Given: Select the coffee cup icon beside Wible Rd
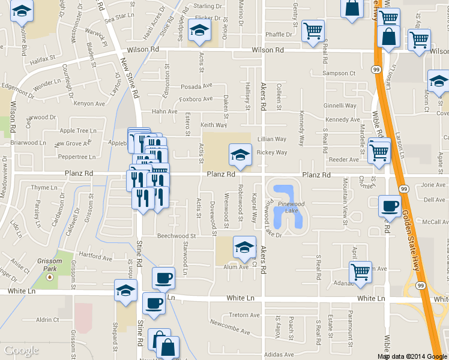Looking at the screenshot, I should tap(390, 207).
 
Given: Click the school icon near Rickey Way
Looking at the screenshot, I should tap(240, 155).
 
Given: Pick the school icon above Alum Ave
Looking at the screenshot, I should tap(244, 247).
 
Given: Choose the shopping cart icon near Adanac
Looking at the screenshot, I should tap(360, 272).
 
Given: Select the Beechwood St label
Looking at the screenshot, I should tap(176, 236).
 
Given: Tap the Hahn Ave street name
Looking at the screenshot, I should tap(164, 112).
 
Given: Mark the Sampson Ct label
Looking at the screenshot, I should tap(339, 73).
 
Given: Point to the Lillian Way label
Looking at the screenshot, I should tap(272, 139).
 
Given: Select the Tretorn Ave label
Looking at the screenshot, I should tap(244, 315).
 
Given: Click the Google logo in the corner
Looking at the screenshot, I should tap(22, 350).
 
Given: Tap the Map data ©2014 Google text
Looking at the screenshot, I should tap(412, 356).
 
